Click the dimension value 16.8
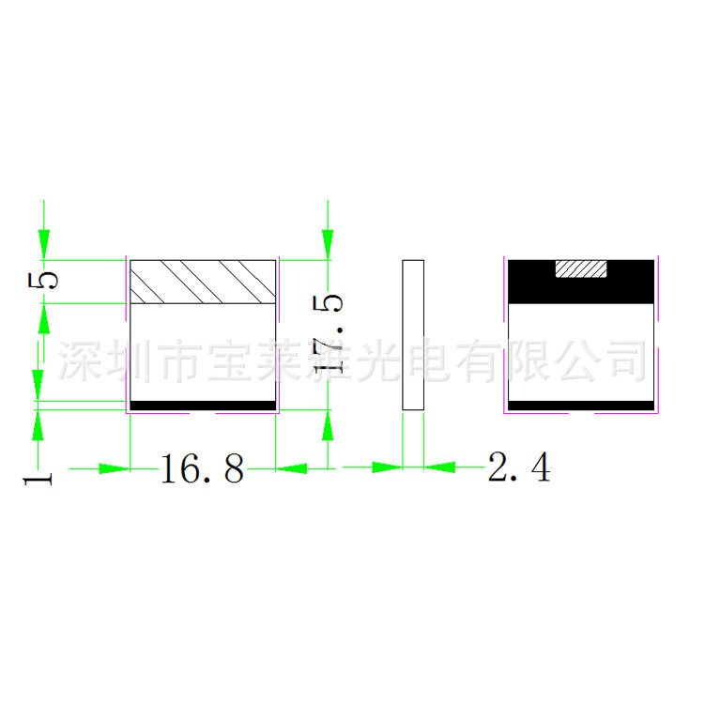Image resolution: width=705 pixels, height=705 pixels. (202, 467)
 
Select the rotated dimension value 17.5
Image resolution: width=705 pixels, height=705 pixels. (331, 333)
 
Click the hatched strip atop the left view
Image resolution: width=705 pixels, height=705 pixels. (203, 282)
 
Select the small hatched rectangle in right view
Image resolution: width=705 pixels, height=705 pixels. (582, 270)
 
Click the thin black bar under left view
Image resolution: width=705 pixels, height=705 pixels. (203, 406)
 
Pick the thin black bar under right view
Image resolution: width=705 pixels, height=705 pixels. (580, 406)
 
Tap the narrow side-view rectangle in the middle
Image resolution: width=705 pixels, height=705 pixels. (413, 334)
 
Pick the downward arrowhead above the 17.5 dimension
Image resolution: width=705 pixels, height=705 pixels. (326, 245)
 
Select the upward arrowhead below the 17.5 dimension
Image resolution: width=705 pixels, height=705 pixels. (326, 425)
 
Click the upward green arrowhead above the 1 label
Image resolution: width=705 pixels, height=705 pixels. (38, 425)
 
